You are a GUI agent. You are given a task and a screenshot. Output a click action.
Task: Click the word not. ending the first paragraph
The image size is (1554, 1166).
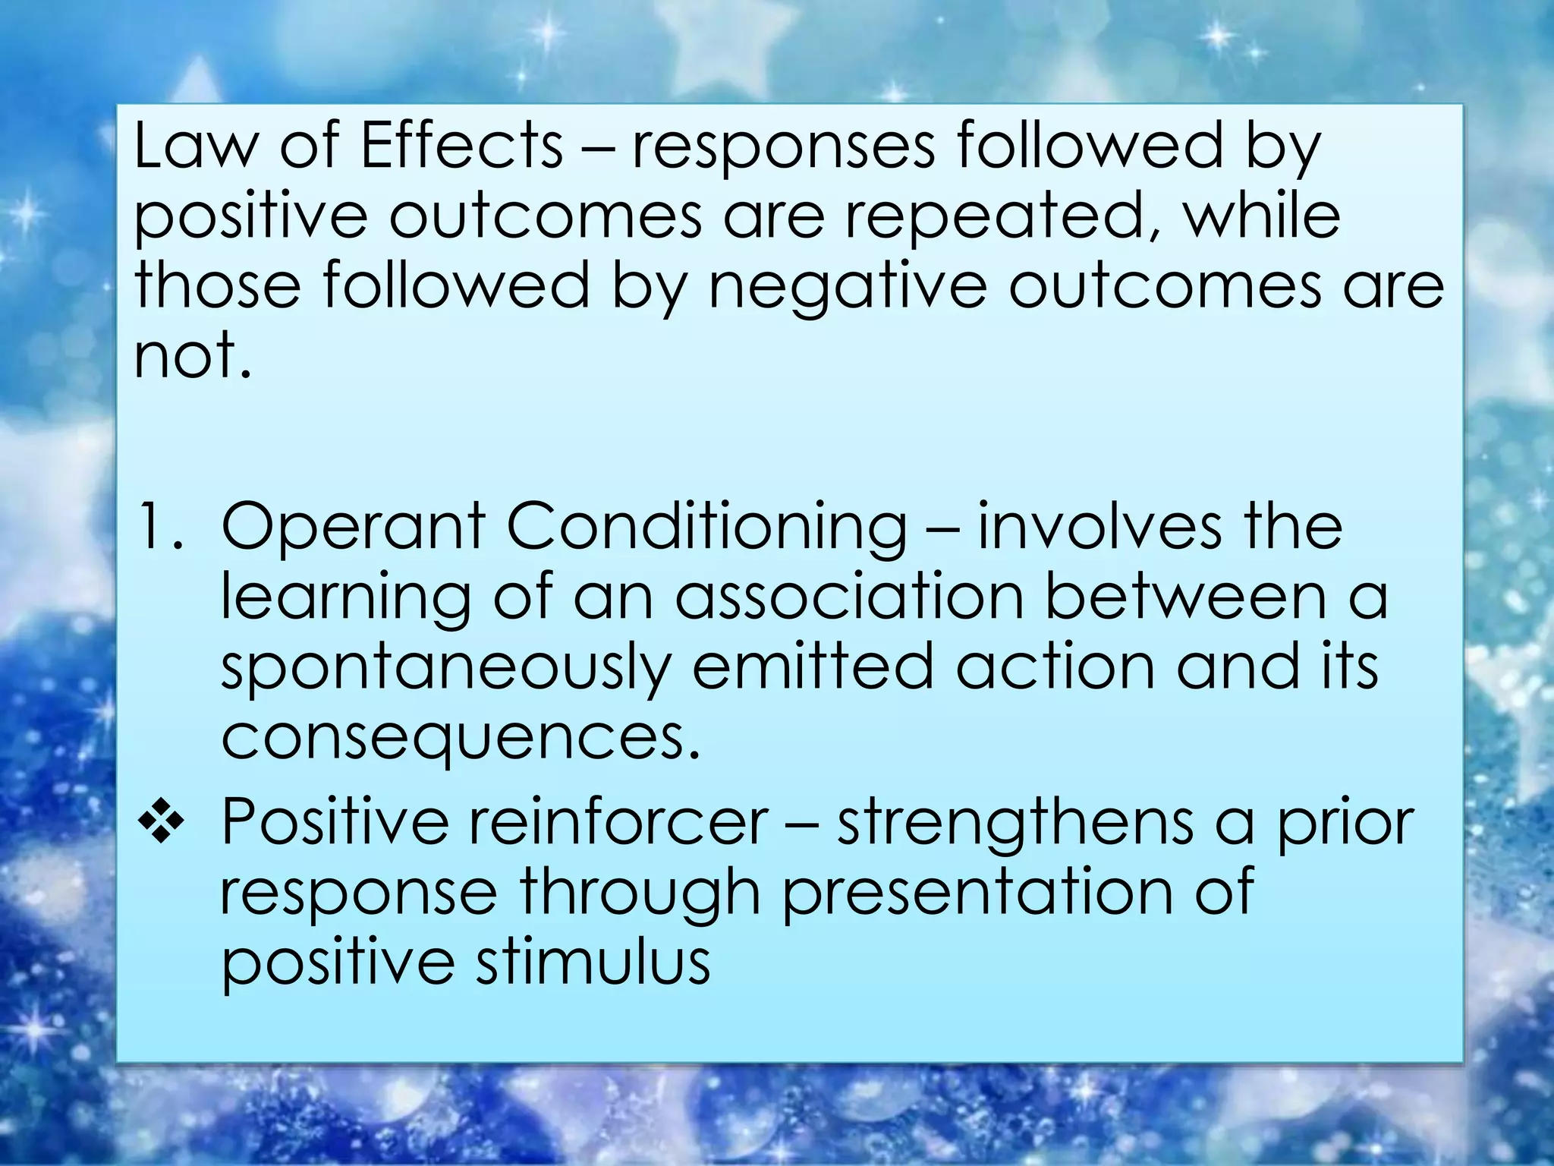191,357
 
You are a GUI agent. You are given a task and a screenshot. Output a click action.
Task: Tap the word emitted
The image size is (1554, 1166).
813,667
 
